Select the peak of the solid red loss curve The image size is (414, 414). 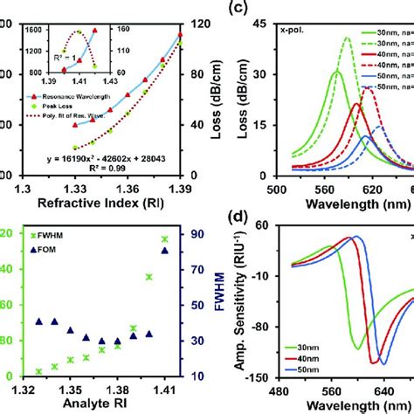[x=356, y=104]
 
